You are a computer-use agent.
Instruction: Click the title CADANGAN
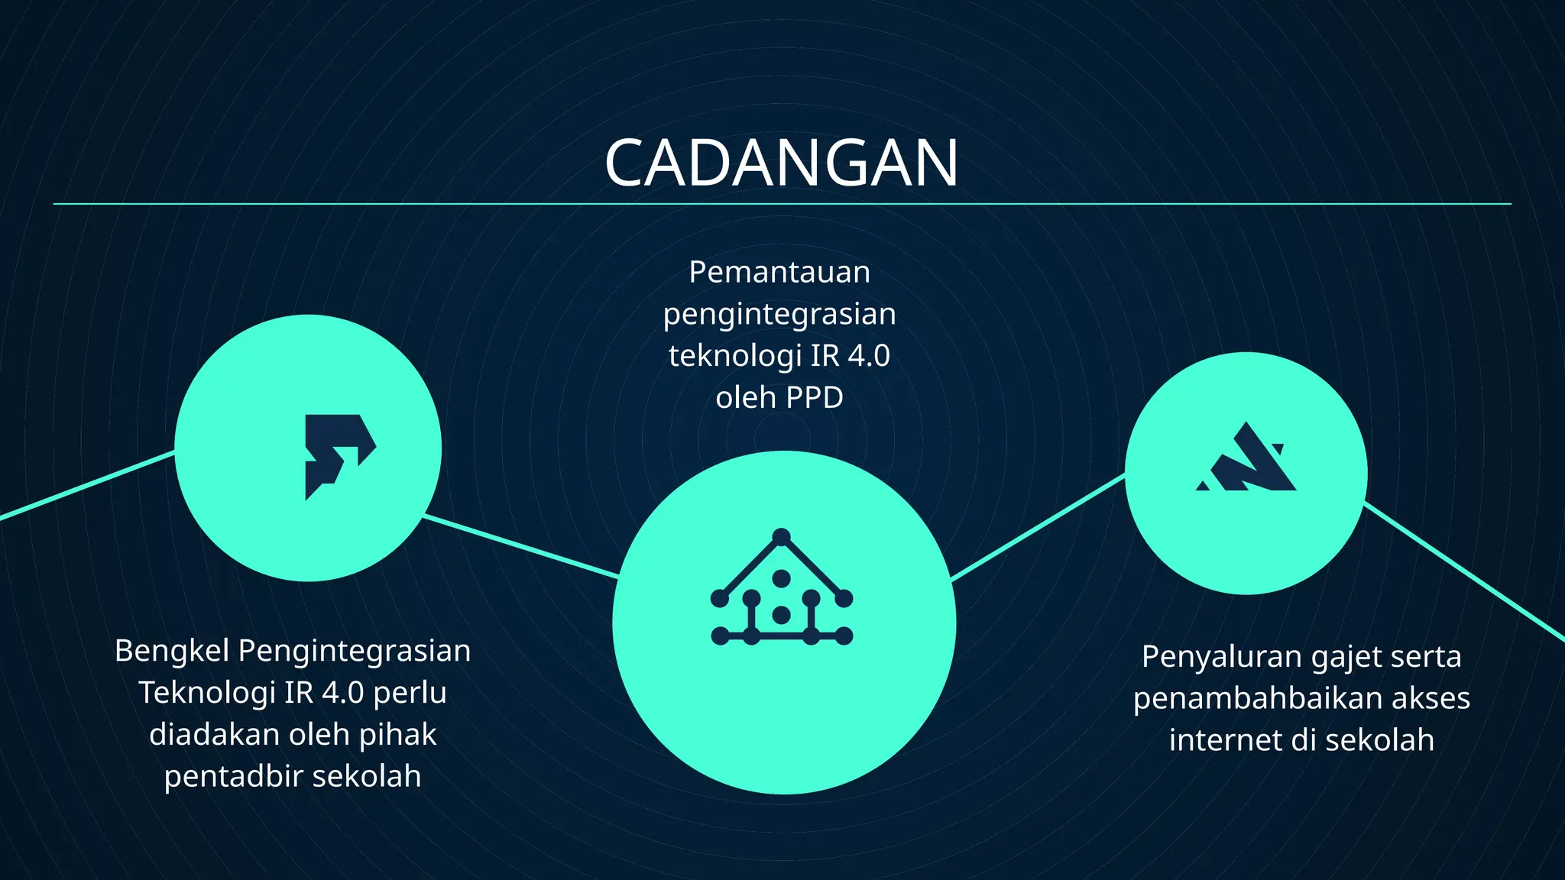point(781,163)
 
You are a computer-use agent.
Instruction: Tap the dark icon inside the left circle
point(337,454)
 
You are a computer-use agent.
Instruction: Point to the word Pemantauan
point(779,273)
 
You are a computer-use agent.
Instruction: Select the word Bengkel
point(172,652)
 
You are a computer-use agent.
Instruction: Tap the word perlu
point(410,693)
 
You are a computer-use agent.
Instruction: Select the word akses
point(1431,699)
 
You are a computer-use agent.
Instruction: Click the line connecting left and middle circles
point(520,545)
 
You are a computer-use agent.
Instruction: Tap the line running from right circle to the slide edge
point(1463,572)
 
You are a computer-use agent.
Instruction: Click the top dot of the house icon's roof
point(781,536)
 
